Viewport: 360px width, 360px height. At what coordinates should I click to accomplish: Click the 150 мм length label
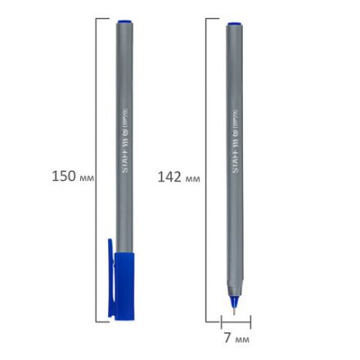tap(73, 176)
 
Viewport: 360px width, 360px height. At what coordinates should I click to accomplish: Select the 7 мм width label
tap(236, 338)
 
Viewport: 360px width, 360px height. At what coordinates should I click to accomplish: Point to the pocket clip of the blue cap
tap(111, 278)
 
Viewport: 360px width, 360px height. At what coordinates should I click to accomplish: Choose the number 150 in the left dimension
tap(64, 176)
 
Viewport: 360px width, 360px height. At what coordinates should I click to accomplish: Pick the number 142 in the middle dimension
tap(169, 177)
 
